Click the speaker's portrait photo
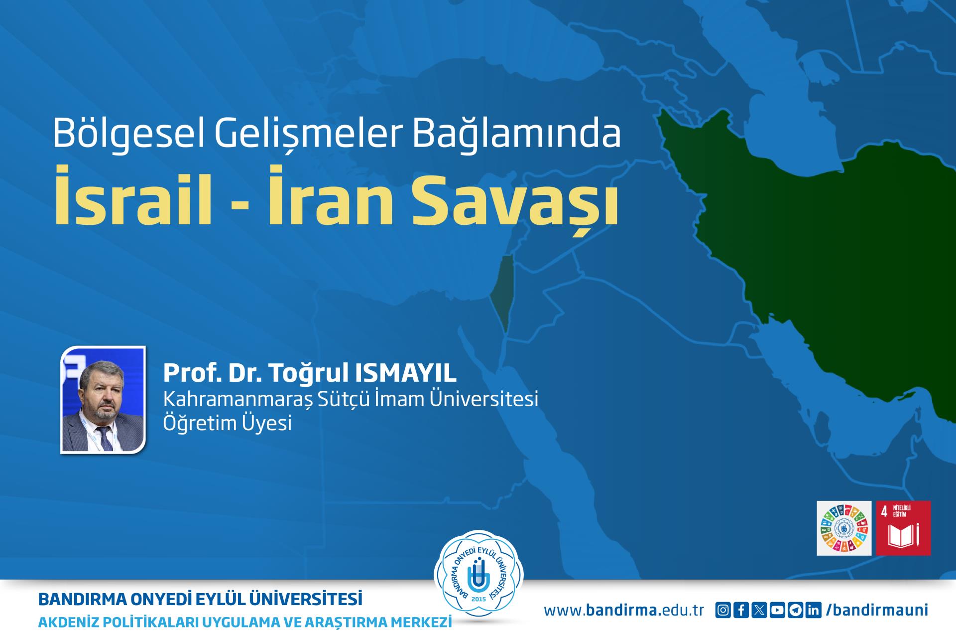point(103,400)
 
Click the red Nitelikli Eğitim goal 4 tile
point(903,528)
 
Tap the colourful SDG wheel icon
point(844,528)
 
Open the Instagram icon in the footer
point(723,611)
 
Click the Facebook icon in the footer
point(741,611)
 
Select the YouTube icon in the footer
point(778,611)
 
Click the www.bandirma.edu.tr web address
point(624,611)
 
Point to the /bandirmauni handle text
point(877,611)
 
